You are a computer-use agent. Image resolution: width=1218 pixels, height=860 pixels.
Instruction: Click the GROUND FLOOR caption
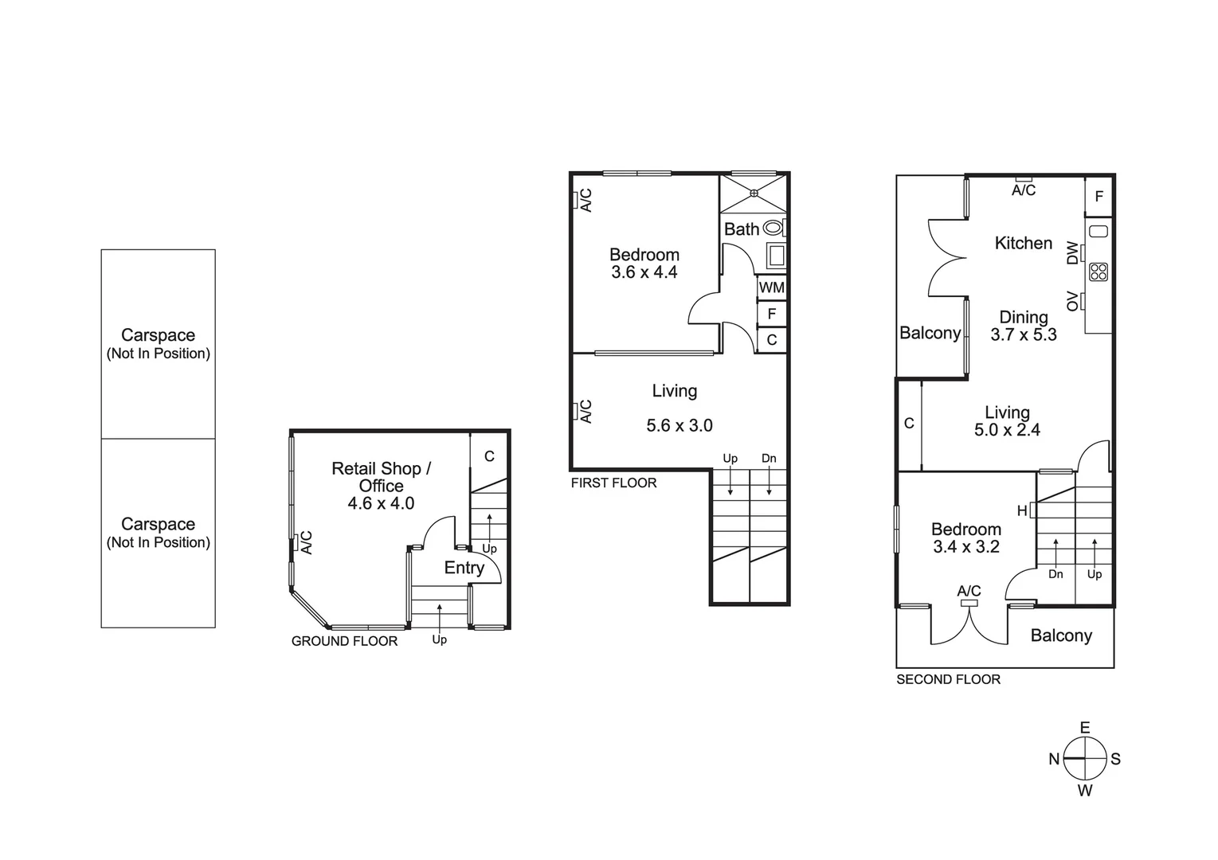(344, 641)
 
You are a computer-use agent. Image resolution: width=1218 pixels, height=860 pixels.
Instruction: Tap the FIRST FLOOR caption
(613, 483)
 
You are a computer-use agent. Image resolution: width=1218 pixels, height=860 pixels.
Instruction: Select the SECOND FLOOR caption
(948, 679)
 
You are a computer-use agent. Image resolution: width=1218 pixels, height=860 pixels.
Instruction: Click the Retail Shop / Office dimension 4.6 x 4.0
(381, 503)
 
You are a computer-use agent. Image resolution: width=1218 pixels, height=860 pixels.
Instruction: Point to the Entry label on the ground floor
(464, 568)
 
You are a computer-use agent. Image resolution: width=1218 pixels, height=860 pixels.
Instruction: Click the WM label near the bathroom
(771, 287)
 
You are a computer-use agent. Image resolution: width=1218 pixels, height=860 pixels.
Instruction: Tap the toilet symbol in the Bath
(773, 228)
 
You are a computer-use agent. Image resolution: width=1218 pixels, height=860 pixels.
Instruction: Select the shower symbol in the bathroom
(754, 192)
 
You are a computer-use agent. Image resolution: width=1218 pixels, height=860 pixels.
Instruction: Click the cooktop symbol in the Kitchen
(1099, 272)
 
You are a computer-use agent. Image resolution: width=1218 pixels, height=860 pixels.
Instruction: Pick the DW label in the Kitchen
(1073, 253)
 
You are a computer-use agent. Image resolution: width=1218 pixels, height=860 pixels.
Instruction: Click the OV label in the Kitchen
(1073, 301)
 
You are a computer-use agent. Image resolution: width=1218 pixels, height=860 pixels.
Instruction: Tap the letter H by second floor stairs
(1022, 510)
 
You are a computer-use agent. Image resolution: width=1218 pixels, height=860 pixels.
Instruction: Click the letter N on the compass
(1054, 759)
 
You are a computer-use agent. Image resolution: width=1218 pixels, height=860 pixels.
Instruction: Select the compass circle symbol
(1085, 759)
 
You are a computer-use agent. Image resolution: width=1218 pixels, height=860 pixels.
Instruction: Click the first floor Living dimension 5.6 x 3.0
(679, 425)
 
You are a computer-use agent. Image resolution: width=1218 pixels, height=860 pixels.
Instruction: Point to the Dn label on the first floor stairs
(769, 458)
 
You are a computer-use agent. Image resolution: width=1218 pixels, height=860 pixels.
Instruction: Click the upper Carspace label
(158, 335)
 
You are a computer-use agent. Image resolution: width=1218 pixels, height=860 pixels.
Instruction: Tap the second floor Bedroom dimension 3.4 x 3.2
(965, 547)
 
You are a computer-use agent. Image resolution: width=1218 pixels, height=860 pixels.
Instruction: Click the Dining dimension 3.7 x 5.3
(1024, 334)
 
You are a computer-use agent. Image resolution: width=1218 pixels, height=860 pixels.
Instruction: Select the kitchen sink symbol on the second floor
(1099, 232)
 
